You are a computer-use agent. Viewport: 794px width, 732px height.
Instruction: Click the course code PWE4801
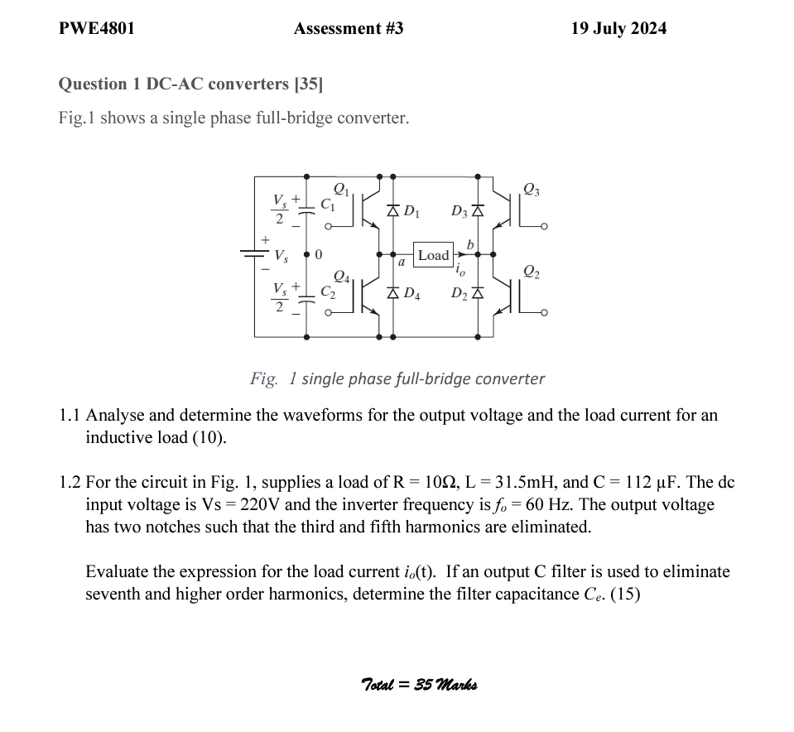click(x=96, y=29)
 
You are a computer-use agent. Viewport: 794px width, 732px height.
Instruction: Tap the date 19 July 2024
click(x=618, y=29)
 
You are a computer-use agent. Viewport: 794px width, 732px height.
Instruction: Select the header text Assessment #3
click(x=349, y=29)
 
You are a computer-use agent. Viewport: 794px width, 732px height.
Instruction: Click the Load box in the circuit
click(x=433, y=255)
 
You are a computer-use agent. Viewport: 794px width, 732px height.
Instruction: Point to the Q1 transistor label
click(x=340, y=189)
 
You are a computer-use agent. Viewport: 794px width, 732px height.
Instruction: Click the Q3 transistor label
click(x=532, y=190)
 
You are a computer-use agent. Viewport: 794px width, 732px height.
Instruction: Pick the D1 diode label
click(x=411, y=212)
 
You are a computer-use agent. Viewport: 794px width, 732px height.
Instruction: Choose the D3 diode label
click(x=460, y=212)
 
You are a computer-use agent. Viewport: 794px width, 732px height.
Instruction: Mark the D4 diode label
click(x=411, y=294)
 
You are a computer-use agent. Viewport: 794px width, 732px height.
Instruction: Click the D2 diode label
click(x=460, y=294)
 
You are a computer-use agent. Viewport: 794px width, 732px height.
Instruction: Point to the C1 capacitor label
click(x=328, y=204)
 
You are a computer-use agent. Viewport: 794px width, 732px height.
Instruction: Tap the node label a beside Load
click(x=400, y=262)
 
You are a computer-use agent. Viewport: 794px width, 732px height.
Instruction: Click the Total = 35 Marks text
click(x=419, y=684)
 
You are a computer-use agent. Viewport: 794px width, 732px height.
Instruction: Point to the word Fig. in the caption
click(x=264, y=378)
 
